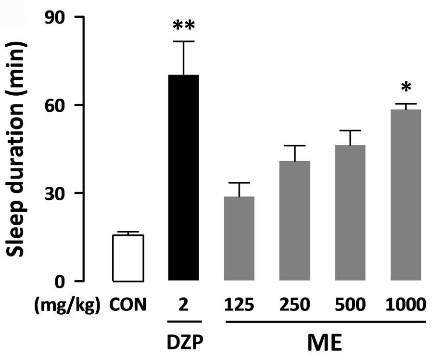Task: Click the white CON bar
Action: point(128,258)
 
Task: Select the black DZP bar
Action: point(184,178)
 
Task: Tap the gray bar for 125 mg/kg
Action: point(239,238)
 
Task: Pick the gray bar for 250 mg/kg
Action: point(294,221)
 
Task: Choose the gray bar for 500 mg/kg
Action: point(350,213)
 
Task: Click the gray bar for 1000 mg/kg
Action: point(406,195)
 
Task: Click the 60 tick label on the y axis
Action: point(55,105)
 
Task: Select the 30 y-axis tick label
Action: point(55,193)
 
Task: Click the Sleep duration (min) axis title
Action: point(16,149)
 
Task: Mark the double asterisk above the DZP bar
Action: point(184,26)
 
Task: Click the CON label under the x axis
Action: point(128,305)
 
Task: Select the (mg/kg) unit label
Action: point(67,306)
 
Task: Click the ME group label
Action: point(324,343)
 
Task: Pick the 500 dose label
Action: point(350,305)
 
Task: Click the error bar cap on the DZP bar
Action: point(184,41)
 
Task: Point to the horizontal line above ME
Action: point(326,322)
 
